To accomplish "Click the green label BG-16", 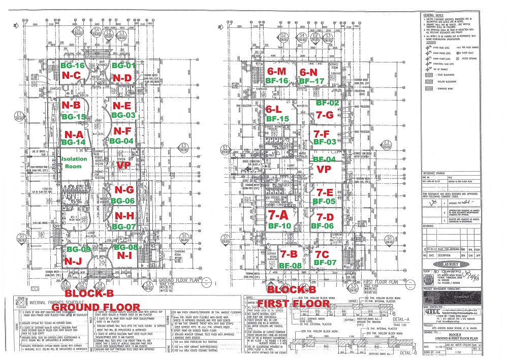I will point(72,66).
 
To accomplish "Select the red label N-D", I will point(122,77).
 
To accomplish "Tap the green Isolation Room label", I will point(75,163).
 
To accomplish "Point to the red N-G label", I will point(124,189).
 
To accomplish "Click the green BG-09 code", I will point(78,249).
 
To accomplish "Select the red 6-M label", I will point(276,71).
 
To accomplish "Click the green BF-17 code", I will point(311,81).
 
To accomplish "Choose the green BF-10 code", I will point(278,226).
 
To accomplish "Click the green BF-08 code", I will point(290,265).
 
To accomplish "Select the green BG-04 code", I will point(121,141).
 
